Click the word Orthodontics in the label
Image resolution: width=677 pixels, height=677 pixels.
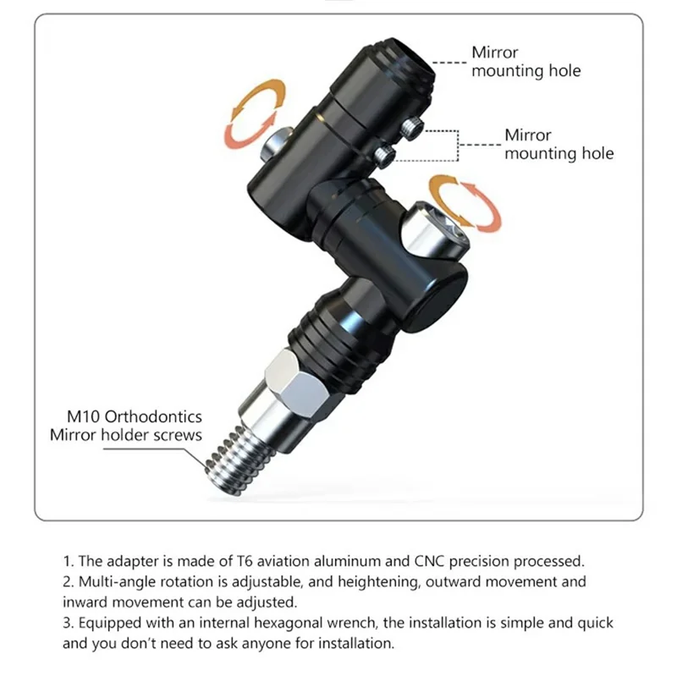click(153, 416)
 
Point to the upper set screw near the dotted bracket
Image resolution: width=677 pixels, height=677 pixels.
click(411, 128)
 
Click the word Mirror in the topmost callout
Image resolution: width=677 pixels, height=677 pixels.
click(494, 52)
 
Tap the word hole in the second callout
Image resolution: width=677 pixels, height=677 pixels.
click(597, 153)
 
